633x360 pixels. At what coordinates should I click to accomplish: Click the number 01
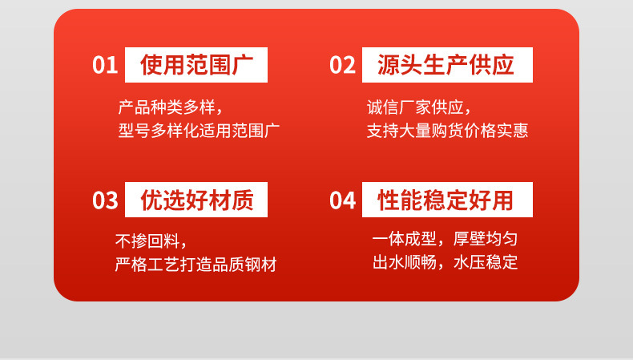click(105, 65)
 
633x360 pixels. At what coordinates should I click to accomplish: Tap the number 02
click(342, 65)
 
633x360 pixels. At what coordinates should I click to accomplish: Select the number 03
click(105, 200)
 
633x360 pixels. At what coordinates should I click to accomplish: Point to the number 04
click(342, 200)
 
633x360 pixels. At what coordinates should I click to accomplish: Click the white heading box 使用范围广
click(196, 65)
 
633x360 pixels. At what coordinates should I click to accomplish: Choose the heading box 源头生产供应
click(445, 65)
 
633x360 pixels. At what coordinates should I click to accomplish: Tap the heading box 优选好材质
click(196, 200)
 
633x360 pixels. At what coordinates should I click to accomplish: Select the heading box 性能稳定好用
click(445, 200)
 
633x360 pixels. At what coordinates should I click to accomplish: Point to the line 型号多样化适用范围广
click(199, 131)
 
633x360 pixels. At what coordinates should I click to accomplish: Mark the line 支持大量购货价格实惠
click(447, 131)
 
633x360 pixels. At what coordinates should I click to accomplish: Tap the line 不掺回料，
click(151, 241)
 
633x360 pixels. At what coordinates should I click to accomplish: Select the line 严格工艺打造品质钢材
click(196, 265)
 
